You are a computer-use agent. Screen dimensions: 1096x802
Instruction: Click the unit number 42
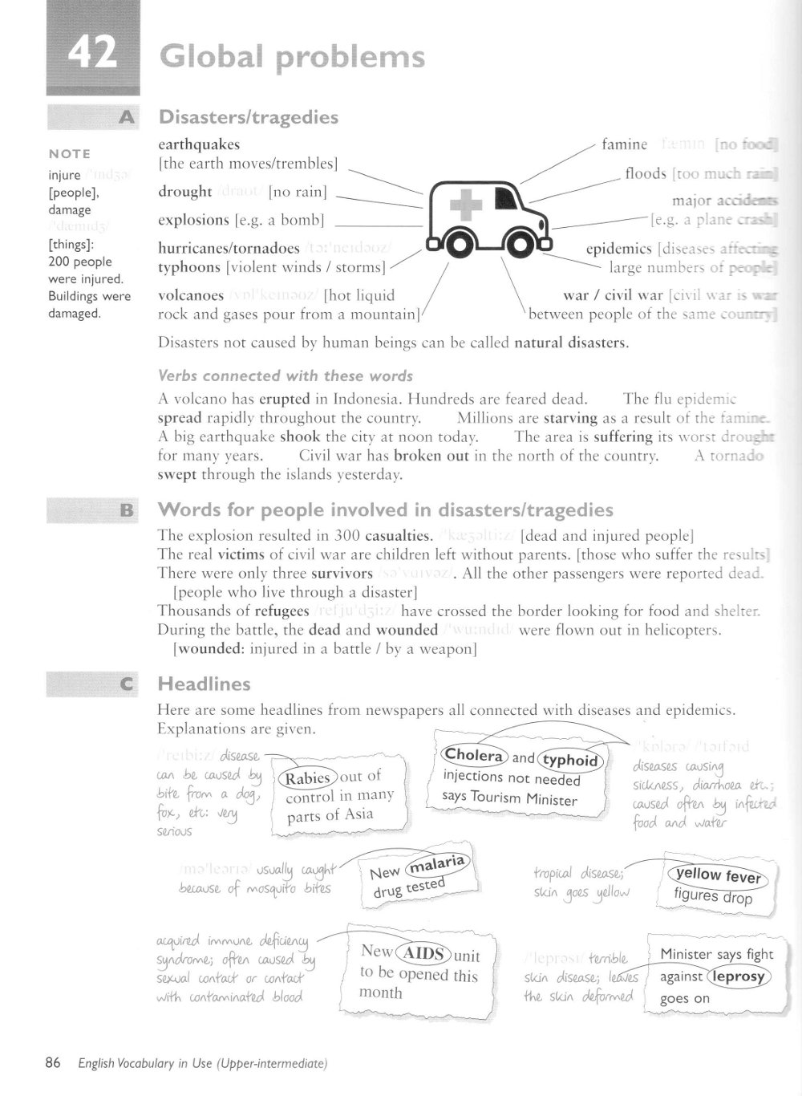pyautogui.click(x=93, y=53)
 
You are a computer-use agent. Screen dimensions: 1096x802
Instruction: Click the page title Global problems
pyautogui.click(x=292, y=57)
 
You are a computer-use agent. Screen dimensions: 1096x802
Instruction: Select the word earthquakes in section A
pyautogui.click(x=199, y=144)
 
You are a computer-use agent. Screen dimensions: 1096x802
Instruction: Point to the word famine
pyautogui.click(x=625, y=144)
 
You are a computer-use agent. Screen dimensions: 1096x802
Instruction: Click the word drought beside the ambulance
pyautogui.click(x=185, y=192)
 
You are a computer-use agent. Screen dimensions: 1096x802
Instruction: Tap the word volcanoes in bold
pyautogui.click(x=191, y=295)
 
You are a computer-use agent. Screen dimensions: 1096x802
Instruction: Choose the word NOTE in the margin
pyautogui.click(x=70, y=154)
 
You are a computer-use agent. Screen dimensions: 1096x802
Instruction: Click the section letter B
pyautogui.click(x=127, y=509)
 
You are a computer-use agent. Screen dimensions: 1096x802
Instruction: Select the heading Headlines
pyautogui.click(x=205, y=684)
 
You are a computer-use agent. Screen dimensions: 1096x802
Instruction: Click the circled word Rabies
pyautogui.click(x=308, y=777)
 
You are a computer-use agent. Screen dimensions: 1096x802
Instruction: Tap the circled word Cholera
pyautogui.click(x=473, y=755)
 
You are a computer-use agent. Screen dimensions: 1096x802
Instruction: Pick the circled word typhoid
pyautogui.click(x=570, y=759)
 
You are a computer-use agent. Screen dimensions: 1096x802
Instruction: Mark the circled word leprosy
pyautogui.click(x=738, y=976)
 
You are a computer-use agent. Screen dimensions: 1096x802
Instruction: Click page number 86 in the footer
pyautogui.click(x=53, y=1063)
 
